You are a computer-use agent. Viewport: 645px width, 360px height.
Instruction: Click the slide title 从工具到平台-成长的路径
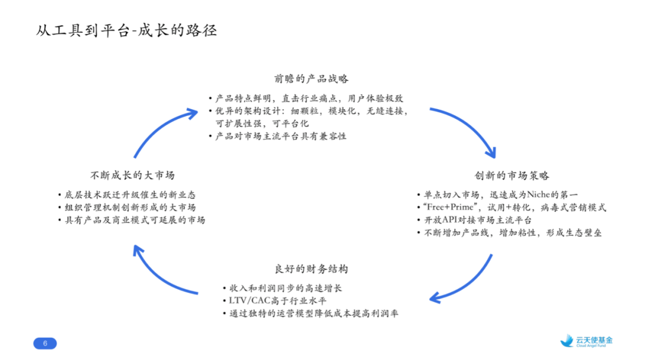click(x=126, y=30)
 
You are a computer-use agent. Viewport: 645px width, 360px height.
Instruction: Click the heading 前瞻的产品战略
click(x=311, y=79)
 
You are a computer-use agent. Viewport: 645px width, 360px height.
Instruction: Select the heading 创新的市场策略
click(x=512, y=176)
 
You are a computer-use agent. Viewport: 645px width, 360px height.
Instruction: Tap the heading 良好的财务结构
click(x=311, y=269)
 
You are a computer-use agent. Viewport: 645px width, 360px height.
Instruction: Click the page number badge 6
click(x=45, y=343)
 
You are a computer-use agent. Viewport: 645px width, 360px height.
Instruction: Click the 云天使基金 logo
click(x=586, y=341)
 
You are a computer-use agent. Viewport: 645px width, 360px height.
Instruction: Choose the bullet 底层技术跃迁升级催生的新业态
click(x=130, y=195)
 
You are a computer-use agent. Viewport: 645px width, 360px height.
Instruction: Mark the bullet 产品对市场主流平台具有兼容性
click(x=281, y=136)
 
